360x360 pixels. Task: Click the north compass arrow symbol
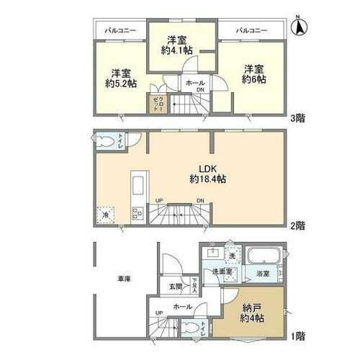(x=298, y=27)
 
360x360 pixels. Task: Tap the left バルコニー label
(x=117, y=31)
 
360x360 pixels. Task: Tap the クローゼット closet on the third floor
(x=156, y=104)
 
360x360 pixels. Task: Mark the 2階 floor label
(x=297, y=225)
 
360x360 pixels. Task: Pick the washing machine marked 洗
(x=231, y=255)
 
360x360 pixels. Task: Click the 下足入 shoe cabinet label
(x=194, y=285)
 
